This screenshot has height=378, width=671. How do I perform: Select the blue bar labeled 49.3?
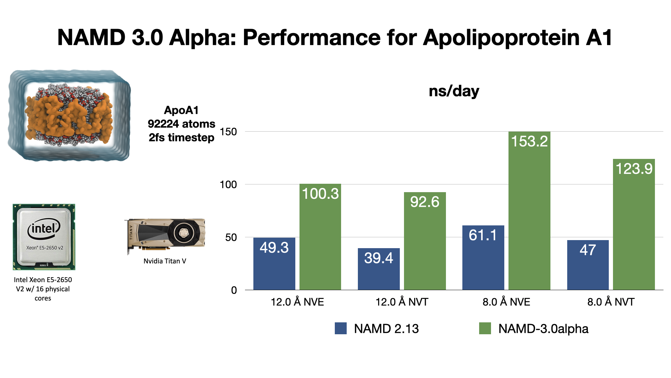(274, 264)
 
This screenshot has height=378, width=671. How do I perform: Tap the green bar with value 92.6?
(425, 241)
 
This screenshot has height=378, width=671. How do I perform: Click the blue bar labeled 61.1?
(483, 258)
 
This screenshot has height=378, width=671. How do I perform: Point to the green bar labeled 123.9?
(634, 224)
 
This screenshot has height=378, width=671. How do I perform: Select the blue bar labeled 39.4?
(378, 269)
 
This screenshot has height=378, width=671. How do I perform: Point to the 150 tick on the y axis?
(228, 132)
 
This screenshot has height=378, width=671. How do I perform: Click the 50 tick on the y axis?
(231, 238)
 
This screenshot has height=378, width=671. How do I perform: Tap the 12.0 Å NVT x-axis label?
(402, 302)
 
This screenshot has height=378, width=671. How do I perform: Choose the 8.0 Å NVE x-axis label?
(506, 302)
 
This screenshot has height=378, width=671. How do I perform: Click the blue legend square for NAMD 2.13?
(340, 328)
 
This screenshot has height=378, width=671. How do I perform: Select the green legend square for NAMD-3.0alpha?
(485, 328)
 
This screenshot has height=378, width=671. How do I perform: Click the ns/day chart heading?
(454, 91)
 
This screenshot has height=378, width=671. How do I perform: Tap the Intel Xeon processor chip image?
(44, 237)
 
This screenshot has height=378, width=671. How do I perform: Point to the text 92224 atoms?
(181, 124)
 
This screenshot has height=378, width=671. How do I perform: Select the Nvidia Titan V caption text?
(165, 261)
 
